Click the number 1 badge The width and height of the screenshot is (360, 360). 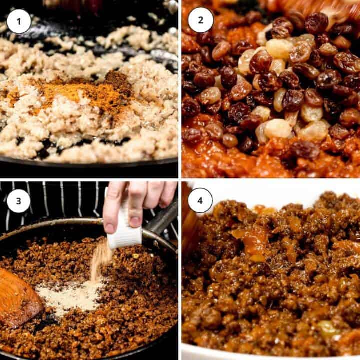pyautogui.click(x=19, y=21)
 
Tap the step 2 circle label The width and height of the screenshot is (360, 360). pyautogui.click(x=201, y=20)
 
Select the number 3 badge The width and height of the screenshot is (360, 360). pyautogui.click(x=19, y=201)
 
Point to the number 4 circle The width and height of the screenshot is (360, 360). pyautogui.click(x=201, y=201)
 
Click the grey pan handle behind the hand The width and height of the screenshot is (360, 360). pyautogui.click(x=162, y=220)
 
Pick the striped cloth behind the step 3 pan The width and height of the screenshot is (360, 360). pyautogui.click(x=50, y=200)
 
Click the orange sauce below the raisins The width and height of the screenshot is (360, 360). pyautogui.click(x=225, y=160)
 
